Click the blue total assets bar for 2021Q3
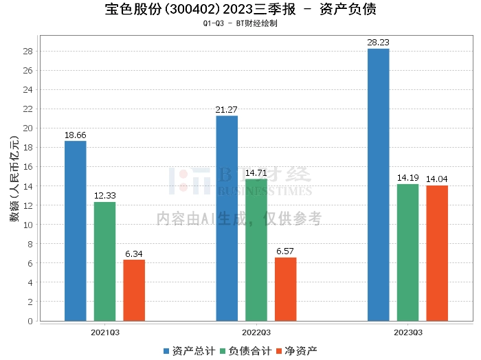pos(76,231)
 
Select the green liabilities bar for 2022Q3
pos(256,250)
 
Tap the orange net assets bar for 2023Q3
pos(437,254)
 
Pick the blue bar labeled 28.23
pos(378,185)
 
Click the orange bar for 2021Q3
pos(134,291)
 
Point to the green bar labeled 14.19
pos(407,253)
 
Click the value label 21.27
pos(226,110)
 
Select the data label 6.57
pos(285,251)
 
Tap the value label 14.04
pos(437,179)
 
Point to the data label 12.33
pos(105,196)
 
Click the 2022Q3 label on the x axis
pos(256,333)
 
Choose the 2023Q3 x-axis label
pos(408,333)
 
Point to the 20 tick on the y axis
pos(28,128)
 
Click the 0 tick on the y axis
pos(30,321)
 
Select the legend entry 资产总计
pos(189,351)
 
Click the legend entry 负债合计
pos(246,351)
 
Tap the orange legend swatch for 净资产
pos(279,351)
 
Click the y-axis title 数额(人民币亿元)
pos(14,179)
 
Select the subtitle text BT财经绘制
pos(257,23)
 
